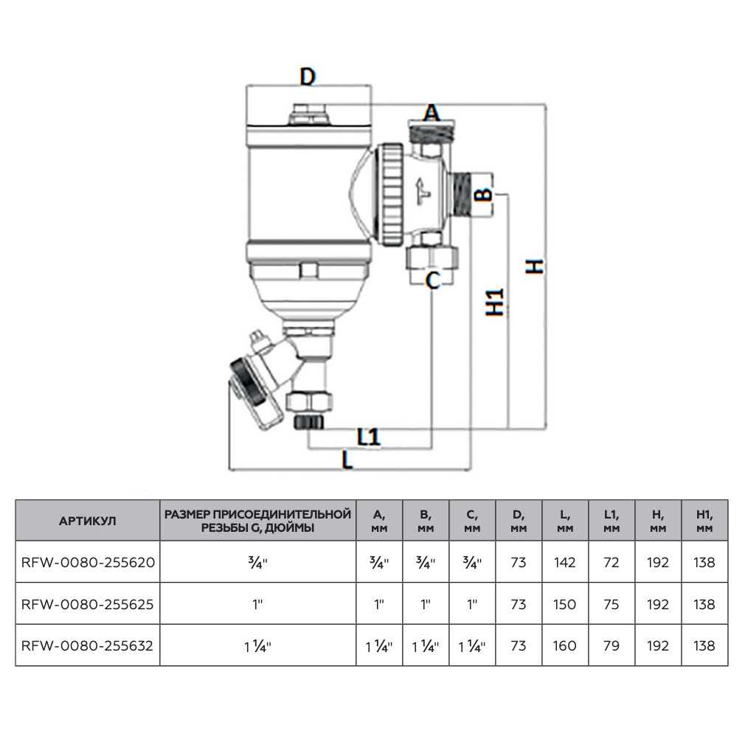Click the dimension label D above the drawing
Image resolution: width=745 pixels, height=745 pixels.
(x=307, y=76)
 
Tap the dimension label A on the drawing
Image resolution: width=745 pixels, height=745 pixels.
(x=431, y=113)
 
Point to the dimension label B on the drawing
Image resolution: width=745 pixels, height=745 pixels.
(x=481, y=195)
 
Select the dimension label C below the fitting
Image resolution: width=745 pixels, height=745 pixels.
(x=433, y=280)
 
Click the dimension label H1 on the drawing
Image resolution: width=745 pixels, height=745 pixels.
(x=496, y=301)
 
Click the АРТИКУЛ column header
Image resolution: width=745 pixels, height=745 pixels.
(x=87, y=521)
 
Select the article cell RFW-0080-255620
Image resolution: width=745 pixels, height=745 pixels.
(x=87, y=562)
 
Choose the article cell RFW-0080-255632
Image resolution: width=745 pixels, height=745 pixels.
(x=87, y=645)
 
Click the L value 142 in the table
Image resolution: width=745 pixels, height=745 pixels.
(x=564, y=562)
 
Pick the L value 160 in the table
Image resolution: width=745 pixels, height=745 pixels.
(x=564, y=645)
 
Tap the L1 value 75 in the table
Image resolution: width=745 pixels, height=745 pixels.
(x=611, y=604)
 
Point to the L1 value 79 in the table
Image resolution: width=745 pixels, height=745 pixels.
(x=611, y=645)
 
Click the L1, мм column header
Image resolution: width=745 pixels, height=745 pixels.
(x=611, y=521)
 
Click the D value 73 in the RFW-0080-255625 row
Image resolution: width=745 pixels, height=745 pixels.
(x=518, y=604)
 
